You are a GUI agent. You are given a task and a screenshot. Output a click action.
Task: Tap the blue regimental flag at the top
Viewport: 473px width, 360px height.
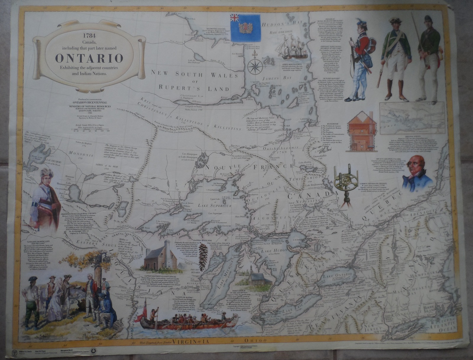tap(245, 28)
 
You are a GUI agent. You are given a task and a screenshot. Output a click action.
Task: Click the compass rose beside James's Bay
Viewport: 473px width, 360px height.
tap(253, 66)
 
